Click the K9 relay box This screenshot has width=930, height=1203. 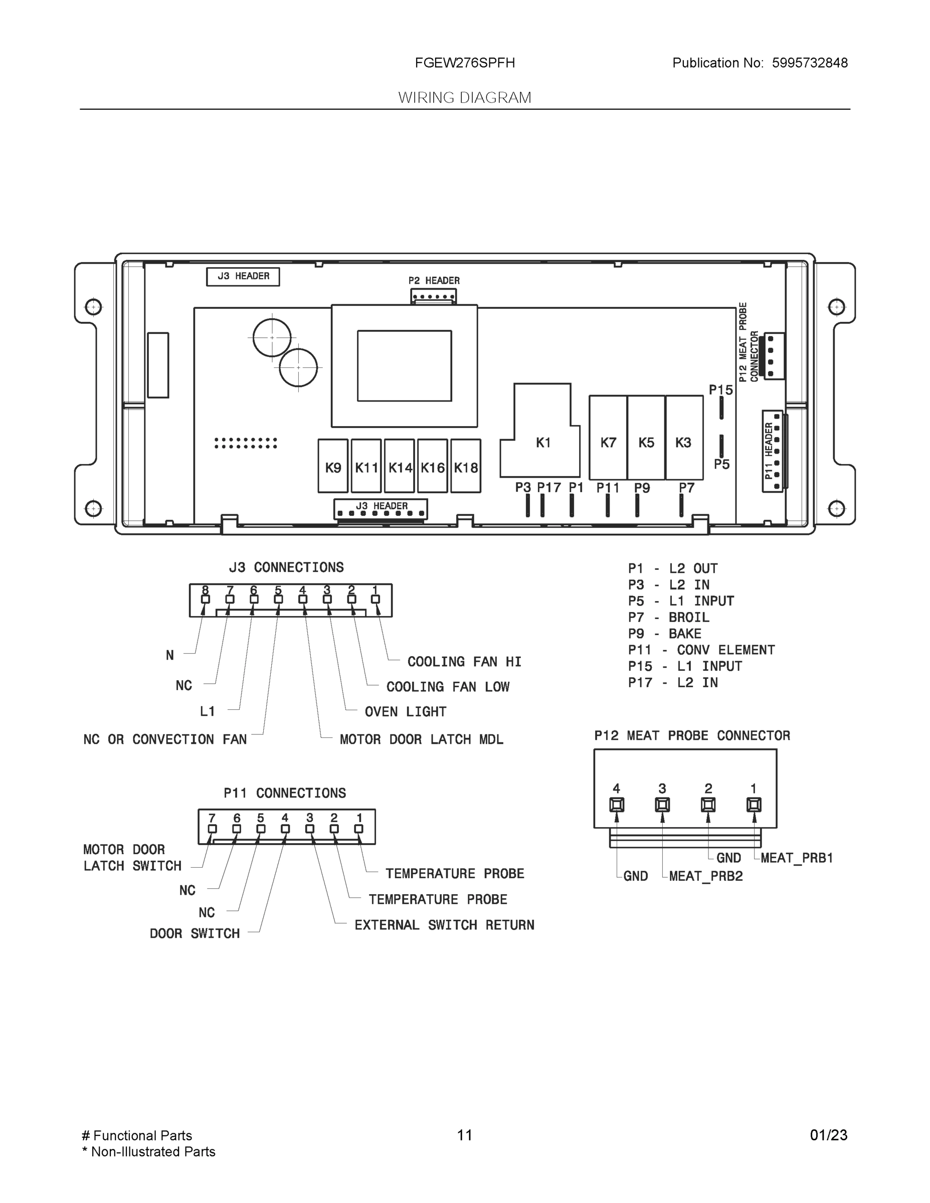pos(333,466)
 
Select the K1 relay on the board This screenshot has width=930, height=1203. pos(542,442)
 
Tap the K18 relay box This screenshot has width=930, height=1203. pos(466,466)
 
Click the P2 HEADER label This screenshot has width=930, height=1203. pos(434,280)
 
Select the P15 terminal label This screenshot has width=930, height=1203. pos(720,390)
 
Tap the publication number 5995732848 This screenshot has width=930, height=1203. pos(809,63)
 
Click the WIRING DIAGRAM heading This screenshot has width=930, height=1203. pos(464,98)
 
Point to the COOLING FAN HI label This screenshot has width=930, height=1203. pos(464,662)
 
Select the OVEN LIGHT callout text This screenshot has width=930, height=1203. pos(405,712)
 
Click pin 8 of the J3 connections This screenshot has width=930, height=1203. pos(206,599)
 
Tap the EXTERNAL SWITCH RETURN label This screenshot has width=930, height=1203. pos(444,925)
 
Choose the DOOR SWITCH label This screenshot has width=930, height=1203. pos(195,934)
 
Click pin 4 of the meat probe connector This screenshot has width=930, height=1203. pos(617,805)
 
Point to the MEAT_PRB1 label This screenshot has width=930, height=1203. pos(796,858)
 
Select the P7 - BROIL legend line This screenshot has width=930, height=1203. pos(668,618)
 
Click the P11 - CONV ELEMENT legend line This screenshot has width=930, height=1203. pos(701,650)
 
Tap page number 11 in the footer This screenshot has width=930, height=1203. pos(464,1135)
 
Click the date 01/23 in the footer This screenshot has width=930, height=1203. pos(828,1135)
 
